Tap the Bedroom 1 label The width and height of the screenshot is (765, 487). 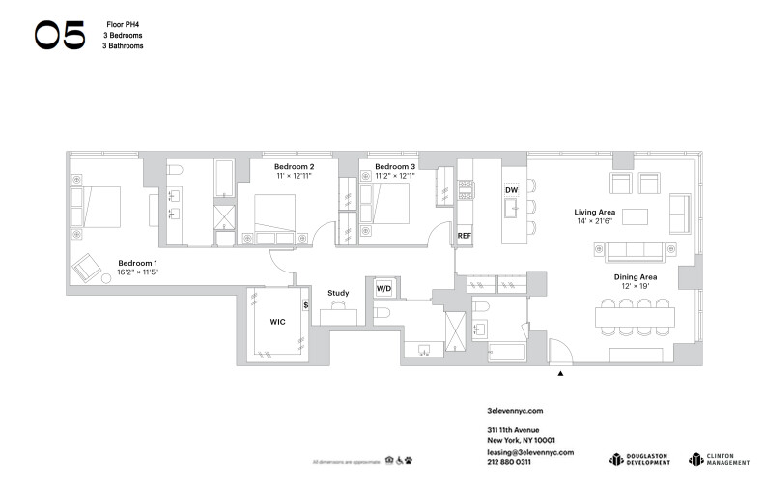137,263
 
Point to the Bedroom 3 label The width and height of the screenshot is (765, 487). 394,166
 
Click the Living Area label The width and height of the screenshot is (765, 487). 595,212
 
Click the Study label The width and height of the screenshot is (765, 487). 338,293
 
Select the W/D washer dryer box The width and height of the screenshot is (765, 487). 383,289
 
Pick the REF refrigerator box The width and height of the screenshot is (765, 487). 465,236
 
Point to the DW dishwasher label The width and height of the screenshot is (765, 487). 512,190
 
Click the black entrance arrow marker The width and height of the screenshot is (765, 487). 560,371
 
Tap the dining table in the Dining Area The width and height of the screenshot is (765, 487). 638,315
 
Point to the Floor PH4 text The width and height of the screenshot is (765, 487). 122,20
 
